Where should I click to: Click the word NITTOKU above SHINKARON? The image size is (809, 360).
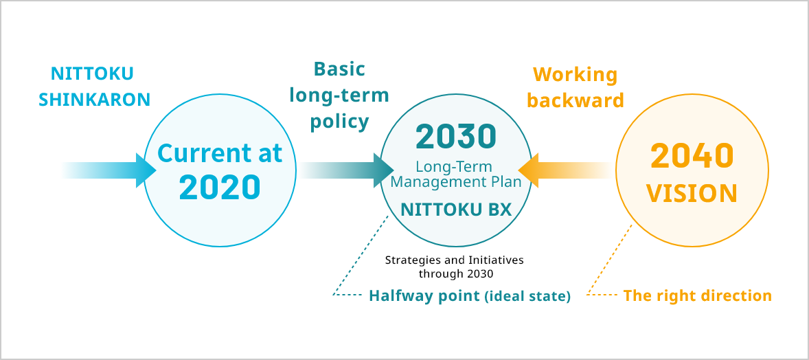(92, 74)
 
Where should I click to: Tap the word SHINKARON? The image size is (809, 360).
(94, 100)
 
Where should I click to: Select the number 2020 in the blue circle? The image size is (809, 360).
(220, 187)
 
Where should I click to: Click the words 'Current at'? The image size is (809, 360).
(220, 153)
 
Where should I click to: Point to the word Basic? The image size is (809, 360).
(339, 69)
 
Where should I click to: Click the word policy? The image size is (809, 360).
(339, 122)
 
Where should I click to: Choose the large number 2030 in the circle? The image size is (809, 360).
(455, 136)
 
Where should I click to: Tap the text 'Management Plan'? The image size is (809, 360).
(456, 182)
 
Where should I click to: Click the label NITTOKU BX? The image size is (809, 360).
(456, 209)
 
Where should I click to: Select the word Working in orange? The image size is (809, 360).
(575, 76)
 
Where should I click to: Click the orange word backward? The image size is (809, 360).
(576, 100)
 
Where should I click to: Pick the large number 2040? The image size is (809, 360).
(692, 156)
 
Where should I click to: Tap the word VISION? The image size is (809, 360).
(692, 193)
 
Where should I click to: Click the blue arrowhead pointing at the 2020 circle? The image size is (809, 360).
(146, 170)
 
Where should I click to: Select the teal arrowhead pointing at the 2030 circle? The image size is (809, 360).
(383, 170)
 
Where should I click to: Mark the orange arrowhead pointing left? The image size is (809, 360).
(528, 170)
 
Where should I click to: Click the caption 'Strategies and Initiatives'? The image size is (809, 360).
(455, 260)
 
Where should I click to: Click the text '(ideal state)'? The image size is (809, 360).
(527, 297)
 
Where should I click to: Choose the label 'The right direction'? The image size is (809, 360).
(698, 296)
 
